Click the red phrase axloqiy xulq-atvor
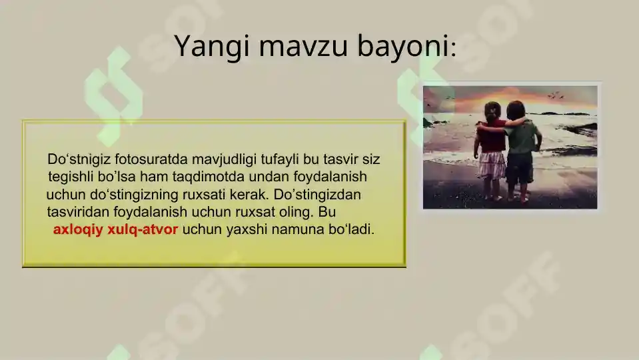(x=115, y=230)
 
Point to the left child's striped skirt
(x=492, y=165)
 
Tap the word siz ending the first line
(x=370, y=160)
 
